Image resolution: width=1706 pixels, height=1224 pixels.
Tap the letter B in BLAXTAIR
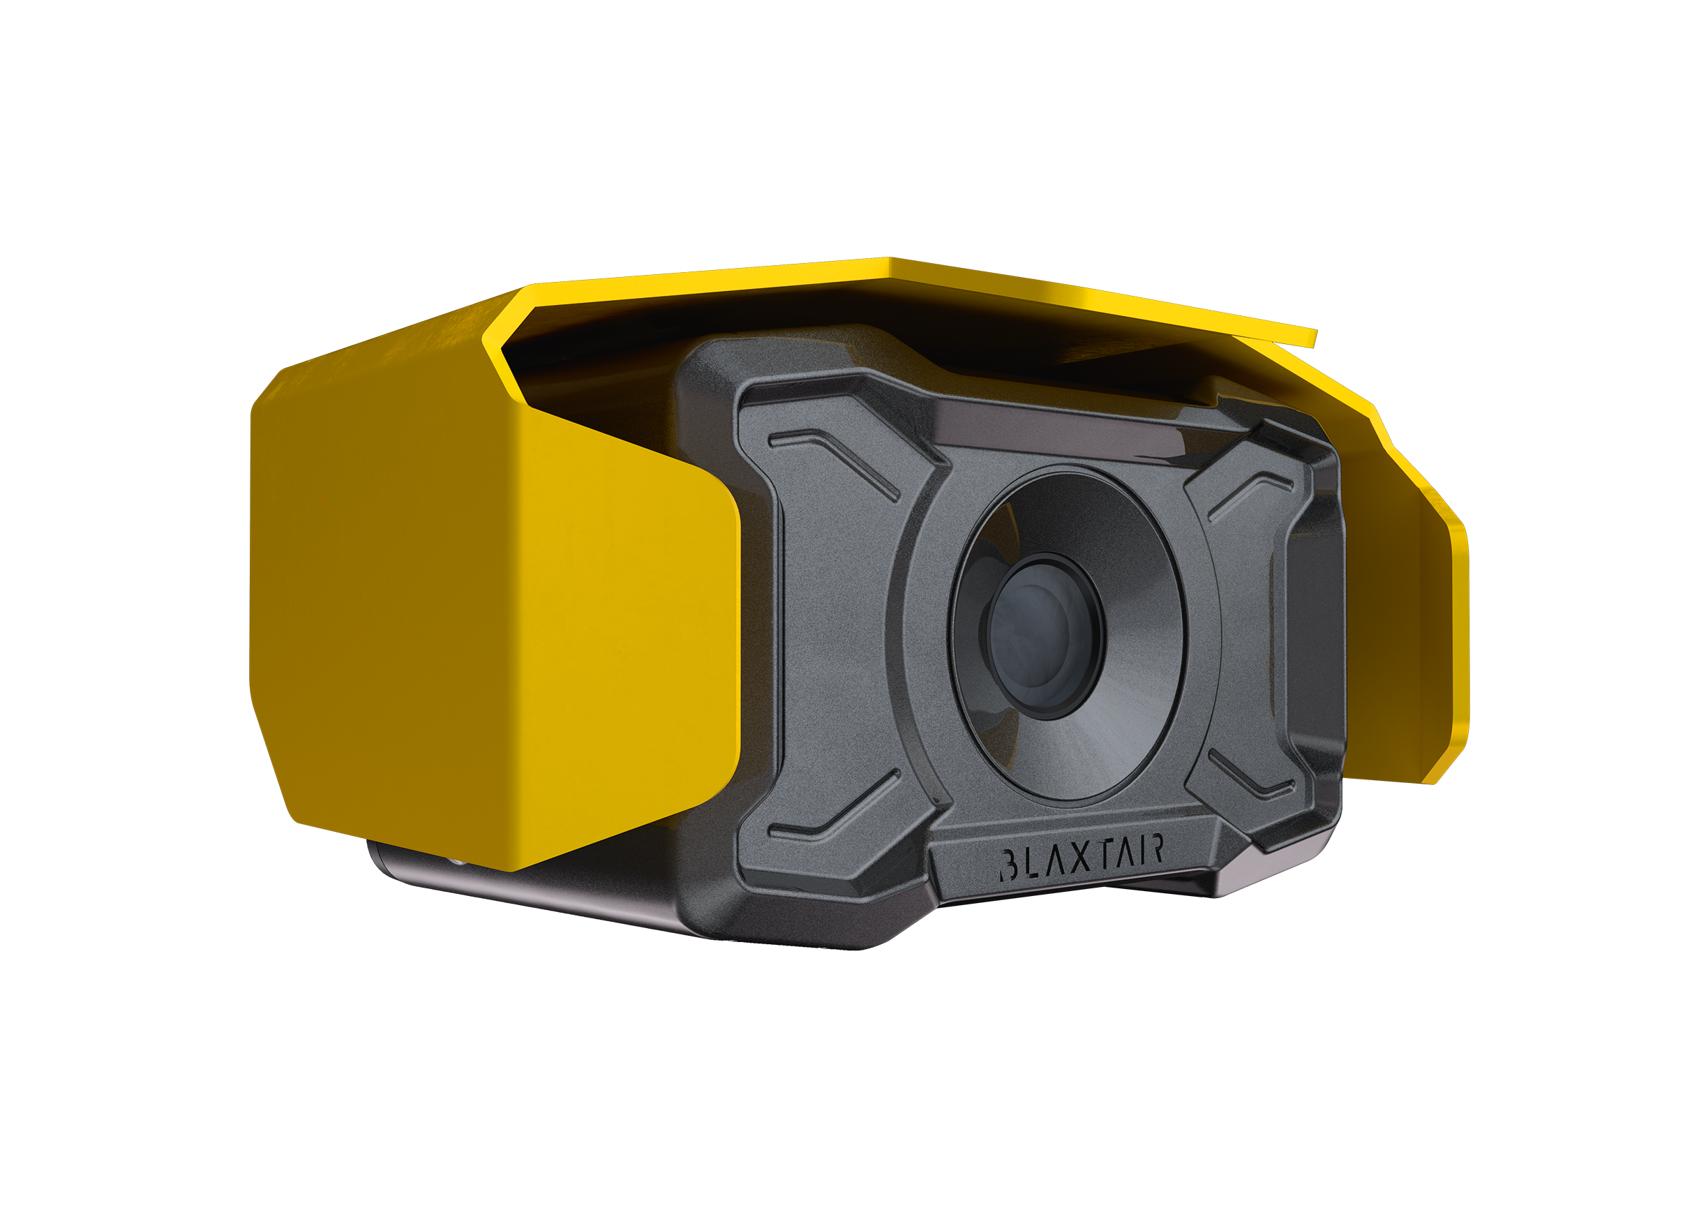[x=1009, y=866]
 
